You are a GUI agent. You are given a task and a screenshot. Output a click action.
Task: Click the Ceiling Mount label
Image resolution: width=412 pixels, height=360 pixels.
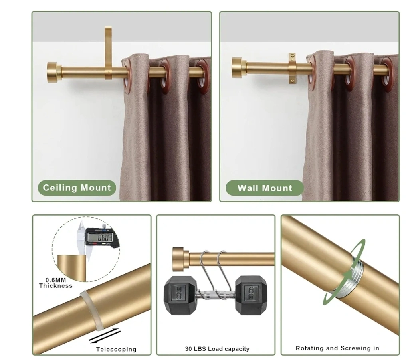pyautogui.click(x=77, y=188)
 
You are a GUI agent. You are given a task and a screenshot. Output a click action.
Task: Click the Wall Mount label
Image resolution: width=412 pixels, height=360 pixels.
pyautogui.click(x=265, y=188)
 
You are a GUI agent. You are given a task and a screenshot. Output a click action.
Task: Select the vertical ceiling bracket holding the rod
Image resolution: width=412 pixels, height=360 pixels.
pyautogui.click(x=108, y=53)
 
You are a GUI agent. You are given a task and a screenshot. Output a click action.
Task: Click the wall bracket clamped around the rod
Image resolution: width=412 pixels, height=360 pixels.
pyautogui.click(x=293, y=68)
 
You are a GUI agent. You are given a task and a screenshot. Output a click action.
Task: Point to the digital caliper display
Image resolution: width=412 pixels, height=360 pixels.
pyautogui.click(x=100, y=237)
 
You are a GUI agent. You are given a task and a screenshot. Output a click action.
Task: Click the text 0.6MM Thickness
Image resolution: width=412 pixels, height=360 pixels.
pyautogui.click(x=56, y=283)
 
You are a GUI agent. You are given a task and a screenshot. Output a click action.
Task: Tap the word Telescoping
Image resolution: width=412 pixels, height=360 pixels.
pyautogui.click(x=116, y=349)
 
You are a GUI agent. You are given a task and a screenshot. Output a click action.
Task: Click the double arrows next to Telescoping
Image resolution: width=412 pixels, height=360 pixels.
pyautogui.click(x=105, y=336)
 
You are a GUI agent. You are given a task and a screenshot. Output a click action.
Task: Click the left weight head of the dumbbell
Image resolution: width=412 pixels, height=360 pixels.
pyautogui.click(x=180, y=295)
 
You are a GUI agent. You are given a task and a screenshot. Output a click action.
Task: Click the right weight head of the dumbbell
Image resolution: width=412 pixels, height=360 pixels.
pyautogui.click(x=251, y=295)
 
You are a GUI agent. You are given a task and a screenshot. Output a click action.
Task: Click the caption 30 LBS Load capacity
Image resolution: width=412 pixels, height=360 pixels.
pyautogui.click(x=217, y=349)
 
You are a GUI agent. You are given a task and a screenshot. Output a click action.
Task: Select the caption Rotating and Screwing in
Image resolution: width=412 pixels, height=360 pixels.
pyautogui.click(x=337, y=348)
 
